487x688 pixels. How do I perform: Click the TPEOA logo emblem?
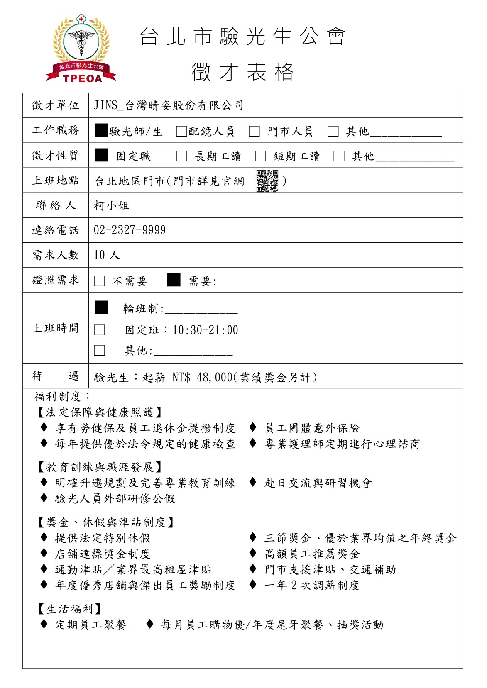(x=81, y=49)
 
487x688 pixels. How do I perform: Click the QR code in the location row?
(x=267, y=181)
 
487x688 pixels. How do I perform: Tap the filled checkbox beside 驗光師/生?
(x=101, y=130)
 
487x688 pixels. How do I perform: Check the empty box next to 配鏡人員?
(x=181, y=131)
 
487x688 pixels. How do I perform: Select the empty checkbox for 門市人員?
(x=254, y=131)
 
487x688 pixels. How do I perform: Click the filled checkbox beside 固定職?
(x=101, y=155)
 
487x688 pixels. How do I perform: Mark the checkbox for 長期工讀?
(x=181, y=156)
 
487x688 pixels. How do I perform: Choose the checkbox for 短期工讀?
(x=260, y=156)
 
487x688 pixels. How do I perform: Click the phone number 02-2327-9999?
(x=130, y=230)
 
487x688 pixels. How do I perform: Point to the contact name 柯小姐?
(x=112, y=205)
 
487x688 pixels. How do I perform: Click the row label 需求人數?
(x=55, y=255)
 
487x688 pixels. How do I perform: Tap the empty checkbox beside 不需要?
(x=99, y=281)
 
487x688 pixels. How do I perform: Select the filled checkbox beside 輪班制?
(x=101, y=307)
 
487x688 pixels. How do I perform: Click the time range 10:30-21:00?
(x=205, y=330)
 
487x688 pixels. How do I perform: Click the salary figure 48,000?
(x=214, y=377)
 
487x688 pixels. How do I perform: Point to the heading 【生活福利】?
(x=69, y=609)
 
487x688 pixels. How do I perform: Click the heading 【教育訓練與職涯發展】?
(x=100, y=467)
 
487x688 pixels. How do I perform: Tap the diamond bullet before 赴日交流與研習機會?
(x=252, y=482)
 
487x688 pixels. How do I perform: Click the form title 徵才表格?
(x=243, y=72)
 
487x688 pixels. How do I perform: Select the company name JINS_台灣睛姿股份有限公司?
(x=169, y=105)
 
